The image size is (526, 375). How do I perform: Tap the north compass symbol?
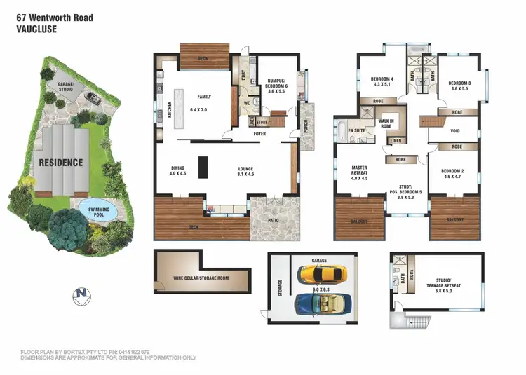83,294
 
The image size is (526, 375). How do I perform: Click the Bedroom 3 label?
460,85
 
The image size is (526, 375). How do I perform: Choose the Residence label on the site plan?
60,163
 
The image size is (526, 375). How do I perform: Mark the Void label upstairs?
455,130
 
